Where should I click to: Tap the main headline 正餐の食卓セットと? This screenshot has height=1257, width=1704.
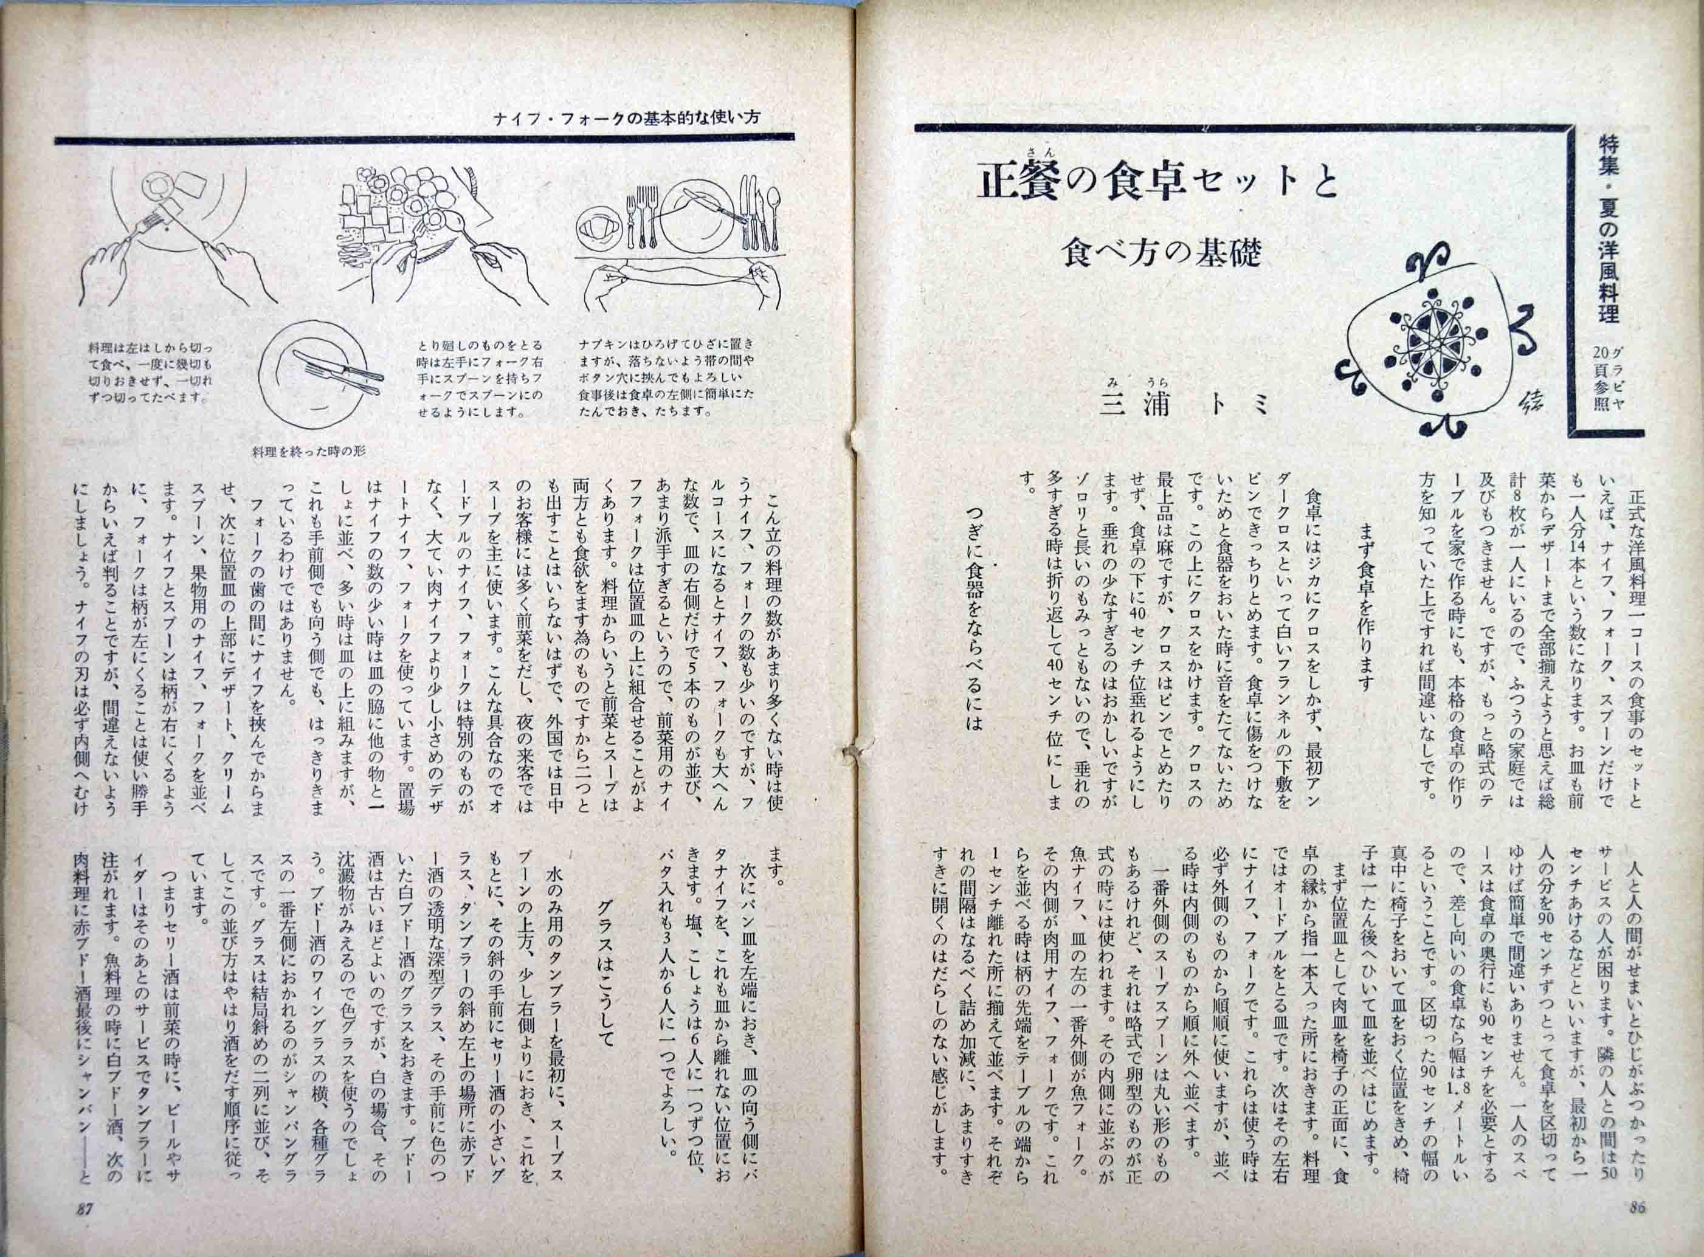point(1156,185)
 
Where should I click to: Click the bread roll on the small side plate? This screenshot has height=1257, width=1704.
point(601,229)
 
